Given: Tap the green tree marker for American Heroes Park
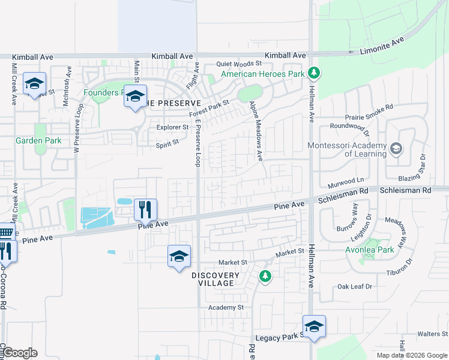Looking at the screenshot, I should pyautogui.click(x=313, y=73).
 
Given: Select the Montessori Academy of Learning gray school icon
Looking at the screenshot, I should pyautogui.click(x=396, y=148).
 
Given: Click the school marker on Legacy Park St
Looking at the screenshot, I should pyautogui.click(x=313, y=326).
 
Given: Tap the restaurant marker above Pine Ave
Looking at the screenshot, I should pyautogui.click(x=145, y=209).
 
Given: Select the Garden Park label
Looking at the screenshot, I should pyautogui.click(x=38, y=141).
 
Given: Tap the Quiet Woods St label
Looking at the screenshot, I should pyautogui.click(x=240, y=63).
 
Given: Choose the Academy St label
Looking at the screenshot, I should pyautogui.click(x=226, y=307).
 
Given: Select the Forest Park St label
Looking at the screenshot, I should pyautogui.click(x=209, y=108).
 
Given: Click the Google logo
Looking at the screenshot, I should pyautogui.click(x=19, y=353).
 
